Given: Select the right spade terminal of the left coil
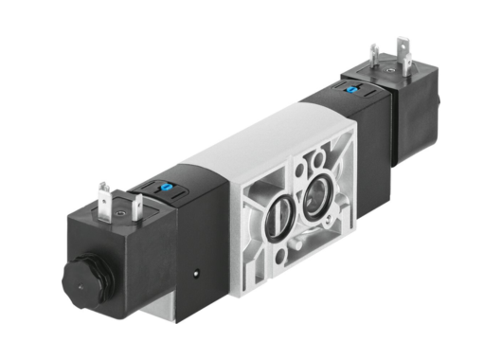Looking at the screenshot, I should pos(139,207).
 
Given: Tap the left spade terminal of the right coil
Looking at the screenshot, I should pos(376,56).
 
